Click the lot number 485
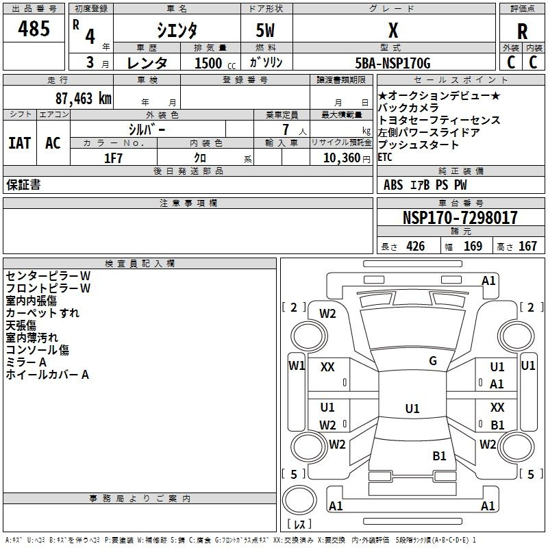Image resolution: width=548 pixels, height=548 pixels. click(x=34, y=29)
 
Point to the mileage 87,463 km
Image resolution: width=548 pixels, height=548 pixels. click(x=83, y=99)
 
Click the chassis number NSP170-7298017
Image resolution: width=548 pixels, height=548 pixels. click(x=460, y=218)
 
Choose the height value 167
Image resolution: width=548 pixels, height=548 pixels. click(x=527, y=247)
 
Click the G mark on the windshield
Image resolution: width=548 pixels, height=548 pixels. click(x=433, y=361)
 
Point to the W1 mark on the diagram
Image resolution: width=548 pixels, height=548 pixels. click(x=297, y=365)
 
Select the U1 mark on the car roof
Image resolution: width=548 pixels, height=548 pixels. click(x=412, y=408)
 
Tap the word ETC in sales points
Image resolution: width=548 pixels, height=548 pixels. click(x=386, y=157)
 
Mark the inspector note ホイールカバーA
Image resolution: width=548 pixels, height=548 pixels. click(x=47, y=375)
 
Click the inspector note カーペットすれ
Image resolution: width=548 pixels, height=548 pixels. click(x=42, y=313)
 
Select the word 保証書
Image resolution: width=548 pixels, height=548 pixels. click(x=23, y=185)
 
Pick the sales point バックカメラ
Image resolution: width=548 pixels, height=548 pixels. click(x=410, y=108)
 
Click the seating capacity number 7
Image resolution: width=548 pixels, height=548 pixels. click(x=285, y=129)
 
